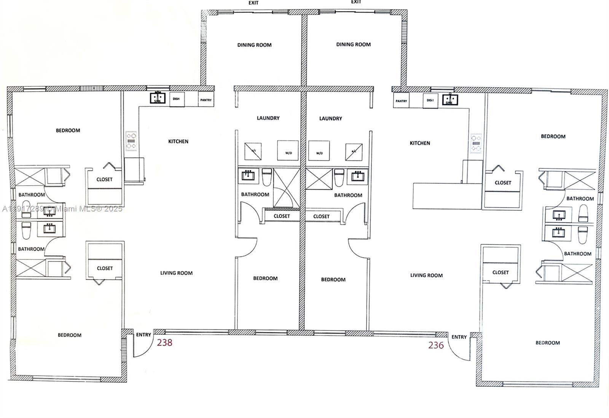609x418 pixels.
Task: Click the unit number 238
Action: [164, 342]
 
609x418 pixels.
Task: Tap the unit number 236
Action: [436, 345]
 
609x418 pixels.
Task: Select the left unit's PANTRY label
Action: [206, 100]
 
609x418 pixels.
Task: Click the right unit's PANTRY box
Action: [401, 101]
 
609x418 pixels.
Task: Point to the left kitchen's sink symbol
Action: [157, 98]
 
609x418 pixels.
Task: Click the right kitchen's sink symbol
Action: [450, 100]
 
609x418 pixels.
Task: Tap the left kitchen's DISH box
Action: [177, 99]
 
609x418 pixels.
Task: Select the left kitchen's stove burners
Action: [131, 141]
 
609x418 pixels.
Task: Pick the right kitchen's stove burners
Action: [476, 143]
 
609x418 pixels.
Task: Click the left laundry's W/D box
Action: [288, 151]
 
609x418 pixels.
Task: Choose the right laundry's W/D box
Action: [319, 151]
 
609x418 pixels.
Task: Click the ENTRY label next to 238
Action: [143, 335]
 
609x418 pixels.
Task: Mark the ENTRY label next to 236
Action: [459, 337]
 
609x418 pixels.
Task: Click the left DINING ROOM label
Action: [254, 45]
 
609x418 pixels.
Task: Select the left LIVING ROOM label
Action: [176, 273]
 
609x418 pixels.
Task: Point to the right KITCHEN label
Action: [420, 143]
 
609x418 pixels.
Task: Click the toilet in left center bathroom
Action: [267, 176]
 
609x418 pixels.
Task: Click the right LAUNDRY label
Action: [330, 118]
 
